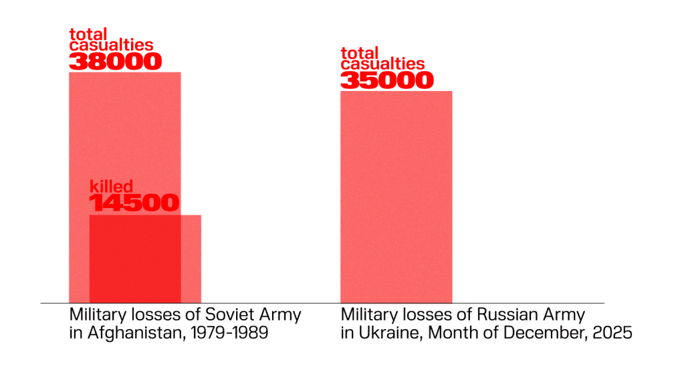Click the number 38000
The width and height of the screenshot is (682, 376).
pos(115,62)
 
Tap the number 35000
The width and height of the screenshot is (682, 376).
pos(386,80)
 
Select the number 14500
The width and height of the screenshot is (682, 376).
pos(134,203)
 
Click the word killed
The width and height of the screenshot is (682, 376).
pos(112,187)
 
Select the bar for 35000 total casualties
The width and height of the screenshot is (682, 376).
pos(396,197)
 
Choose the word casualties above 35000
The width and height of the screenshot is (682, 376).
pos(382,64)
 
